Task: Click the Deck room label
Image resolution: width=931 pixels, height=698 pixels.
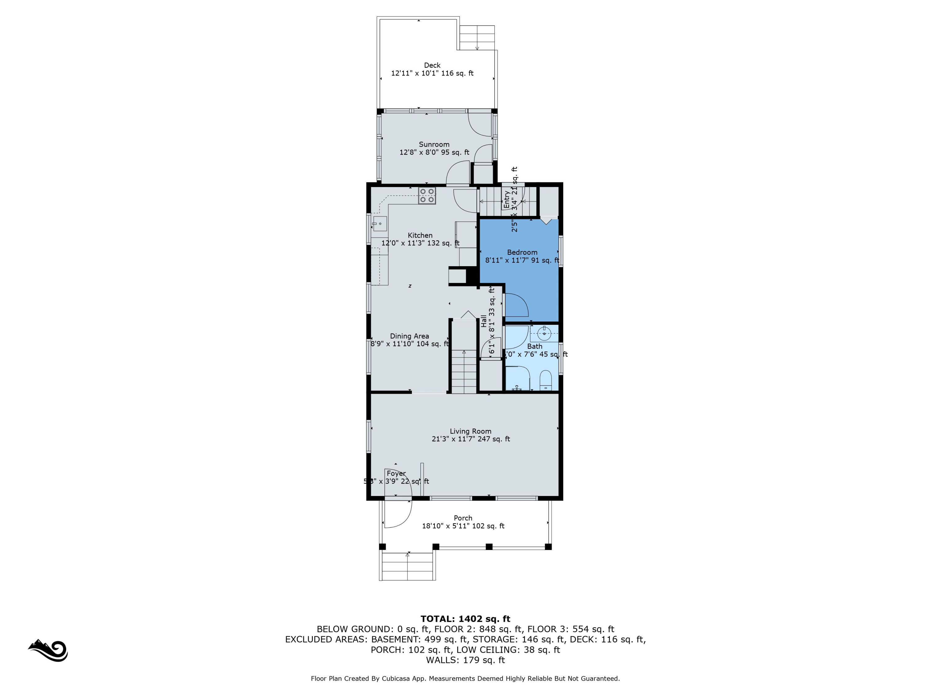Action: [x=432, y=65]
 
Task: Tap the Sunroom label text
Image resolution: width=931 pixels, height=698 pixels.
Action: [x=434, y=144]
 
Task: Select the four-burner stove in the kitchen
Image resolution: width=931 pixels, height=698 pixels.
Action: [x=427, y=196]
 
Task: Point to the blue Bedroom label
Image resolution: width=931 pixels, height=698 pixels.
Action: [x=522, y=253]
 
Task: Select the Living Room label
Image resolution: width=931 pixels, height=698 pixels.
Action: [x=470, y=431]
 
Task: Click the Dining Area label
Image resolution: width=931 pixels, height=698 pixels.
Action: [x=409, y=336]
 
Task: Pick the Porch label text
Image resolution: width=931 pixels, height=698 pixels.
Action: [x=463, y=518]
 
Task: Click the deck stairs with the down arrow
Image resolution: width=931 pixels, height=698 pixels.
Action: [x=477, y=38]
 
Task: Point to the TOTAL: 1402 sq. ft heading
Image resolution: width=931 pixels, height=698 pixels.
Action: [x=465, y=619]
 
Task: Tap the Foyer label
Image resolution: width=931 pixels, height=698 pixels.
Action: [x=396, y=474]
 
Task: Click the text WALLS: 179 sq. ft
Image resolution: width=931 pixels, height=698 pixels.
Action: [x=465, y=660]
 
